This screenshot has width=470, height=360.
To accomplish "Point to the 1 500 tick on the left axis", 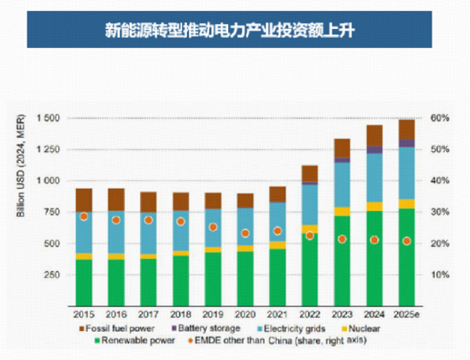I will tap(47, 118).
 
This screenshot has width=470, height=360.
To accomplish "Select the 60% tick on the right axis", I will tap(439, 118).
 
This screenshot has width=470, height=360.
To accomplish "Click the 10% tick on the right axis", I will tap(439, 275).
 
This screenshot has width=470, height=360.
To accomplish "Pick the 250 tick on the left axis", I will tap(50, 275).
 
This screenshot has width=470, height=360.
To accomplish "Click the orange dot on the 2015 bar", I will tap(84, 216).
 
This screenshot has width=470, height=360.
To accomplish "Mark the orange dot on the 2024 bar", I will tap(374, 240).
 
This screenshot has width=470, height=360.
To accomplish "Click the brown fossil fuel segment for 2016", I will tap(116, 199).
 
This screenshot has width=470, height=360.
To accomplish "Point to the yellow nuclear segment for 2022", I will tap(309, 229).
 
